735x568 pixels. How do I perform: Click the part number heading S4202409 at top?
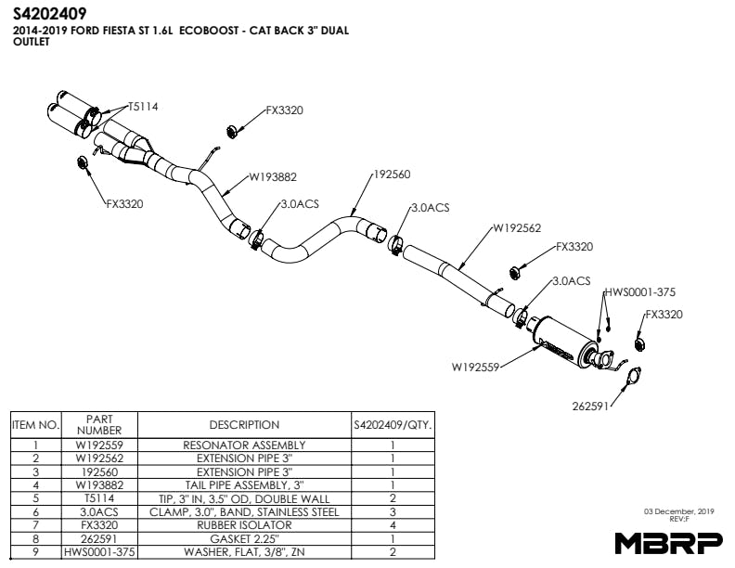50,14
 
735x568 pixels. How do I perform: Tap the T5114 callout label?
143,107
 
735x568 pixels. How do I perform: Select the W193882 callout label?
271,176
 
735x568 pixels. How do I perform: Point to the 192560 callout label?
391,174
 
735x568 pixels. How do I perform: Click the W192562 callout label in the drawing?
517,227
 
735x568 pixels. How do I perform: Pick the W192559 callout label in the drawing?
476,368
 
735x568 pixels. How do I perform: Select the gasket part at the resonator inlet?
632,376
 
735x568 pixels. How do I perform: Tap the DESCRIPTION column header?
244,425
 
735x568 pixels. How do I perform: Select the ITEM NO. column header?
35,425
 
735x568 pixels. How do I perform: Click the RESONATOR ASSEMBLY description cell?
244,445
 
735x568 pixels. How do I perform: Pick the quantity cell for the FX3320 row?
393,525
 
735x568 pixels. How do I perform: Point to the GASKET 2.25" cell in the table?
244,538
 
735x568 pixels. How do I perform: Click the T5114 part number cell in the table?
98,498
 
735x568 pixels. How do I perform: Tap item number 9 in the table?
35,551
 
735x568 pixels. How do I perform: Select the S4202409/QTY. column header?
393,425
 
